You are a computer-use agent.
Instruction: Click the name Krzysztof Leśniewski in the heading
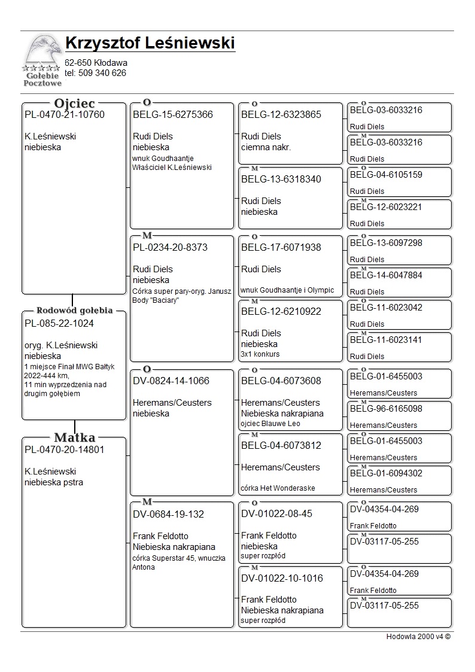(150, 44)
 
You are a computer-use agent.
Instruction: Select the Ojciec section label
(75, 104)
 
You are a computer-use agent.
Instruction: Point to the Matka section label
(75, 437)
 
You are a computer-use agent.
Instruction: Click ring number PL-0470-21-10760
(65, 115)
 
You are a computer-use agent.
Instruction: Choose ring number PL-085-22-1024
(59, 324)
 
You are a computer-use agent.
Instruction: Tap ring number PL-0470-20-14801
(65, 450)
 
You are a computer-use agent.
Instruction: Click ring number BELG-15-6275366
(173, 115)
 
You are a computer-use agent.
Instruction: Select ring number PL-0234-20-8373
(170, 247)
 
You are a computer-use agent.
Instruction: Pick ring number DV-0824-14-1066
(171, 381)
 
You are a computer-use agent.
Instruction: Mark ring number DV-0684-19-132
(168, 514)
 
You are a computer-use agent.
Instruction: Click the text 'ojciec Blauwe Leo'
(270, 424)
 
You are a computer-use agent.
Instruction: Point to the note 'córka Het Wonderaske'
(278, 488)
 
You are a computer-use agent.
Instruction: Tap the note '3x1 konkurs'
(260, 354)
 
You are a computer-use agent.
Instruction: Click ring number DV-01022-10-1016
(282, 579)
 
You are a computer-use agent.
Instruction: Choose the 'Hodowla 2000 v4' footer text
(418, 637)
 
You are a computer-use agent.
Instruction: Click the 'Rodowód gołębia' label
(75, 311)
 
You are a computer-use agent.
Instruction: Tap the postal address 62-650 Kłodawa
(96, 63)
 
